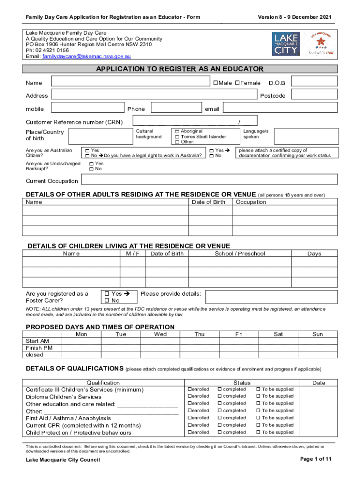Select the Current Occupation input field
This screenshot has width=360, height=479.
tap(209, 180)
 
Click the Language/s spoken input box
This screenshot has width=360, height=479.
tap(305, 136)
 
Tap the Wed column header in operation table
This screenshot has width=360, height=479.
tap(160, 334)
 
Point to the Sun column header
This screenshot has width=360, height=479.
tap(317, 334)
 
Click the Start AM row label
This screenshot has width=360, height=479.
tap(37, 341)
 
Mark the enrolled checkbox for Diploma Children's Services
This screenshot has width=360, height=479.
tap(190, 396)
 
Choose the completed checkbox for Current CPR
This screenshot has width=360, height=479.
tap(220, 425)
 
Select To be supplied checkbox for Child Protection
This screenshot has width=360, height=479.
tap(258, 432)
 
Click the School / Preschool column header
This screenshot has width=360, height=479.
tap(239, 254)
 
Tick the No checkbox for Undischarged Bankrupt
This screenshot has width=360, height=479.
tap(92, 169)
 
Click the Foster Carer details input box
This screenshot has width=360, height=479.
tap(271, 297)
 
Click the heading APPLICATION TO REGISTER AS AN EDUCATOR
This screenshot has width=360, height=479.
tap(180, 69)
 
